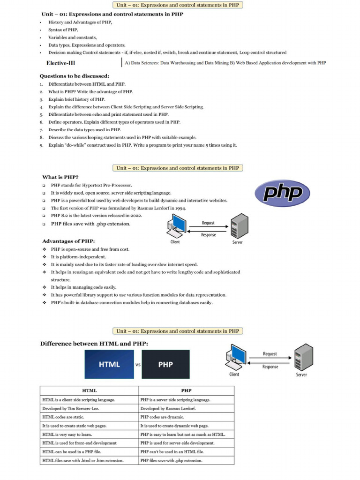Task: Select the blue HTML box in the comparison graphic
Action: [x=109, y=364]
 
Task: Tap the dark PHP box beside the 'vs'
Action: [x=165, y=364]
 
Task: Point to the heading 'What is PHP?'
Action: [x=60, y=177]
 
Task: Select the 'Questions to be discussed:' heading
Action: [x=75, y=76]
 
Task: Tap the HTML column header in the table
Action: [x=89, y=390]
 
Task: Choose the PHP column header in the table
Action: [x=186, y=390]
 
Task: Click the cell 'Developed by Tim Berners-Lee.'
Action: [x=71, y=408]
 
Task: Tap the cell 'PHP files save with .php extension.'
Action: [x=171, y=460]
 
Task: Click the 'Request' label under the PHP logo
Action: [x=208, y=223]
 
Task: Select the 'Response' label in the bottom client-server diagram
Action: [x=270, y=367]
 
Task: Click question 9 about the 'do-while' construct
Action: [x=142, y=145]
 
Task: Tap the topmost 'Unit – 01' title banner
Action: [x=177, y=5]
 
